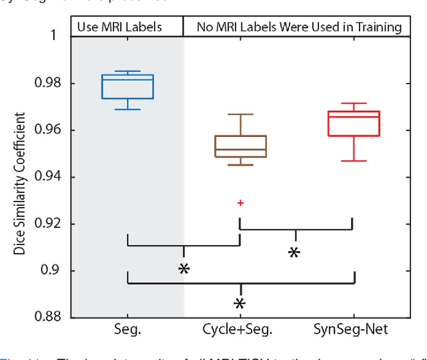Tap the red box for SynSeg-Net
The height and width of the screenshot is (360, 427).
pos(354,124)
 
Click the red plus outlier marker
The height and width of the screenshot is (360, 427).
pos(240,202)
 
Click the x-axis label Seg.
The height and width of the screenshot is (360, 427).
pos(127,329)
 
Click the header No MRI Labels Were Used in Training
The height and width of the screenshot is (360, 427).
pos(299,27)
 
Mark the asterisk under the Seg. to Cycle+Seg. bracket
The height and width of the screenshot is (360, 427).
pos(184,268)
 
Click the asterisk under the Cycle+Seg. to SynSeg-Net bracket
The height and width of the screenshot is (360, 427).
pos(294,252)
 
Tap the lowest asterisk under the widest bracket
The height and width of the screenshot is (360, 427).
pos(240,304)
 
